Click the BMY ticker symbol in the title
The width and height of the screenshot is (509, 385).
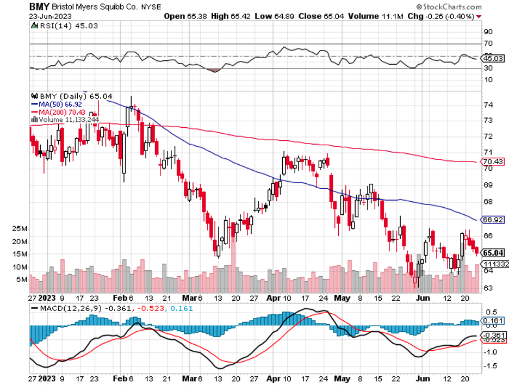(x=38, y=7)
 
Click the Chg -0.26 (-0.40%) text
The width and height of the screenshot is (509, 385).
(x=440, y=16)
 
